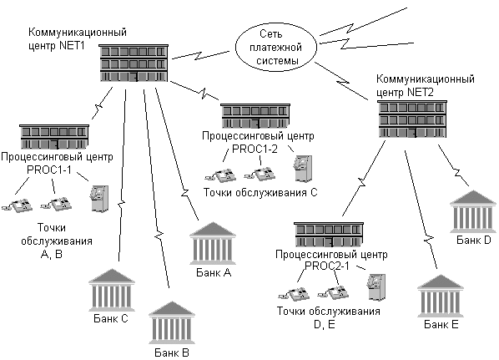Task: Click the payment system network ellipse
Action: pos(276,47)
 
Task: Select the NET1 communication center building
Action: pos(134,63)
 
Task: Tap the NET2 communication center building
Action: pos(412,119)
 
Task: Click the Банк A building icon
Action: pos(213,243)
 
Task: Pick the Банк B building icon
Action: pos(172,322)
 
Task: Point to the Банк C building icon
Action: pos(112,290)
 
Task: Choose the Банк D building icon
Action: pos(473,211)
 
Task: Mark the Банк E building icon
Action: pos(441,296)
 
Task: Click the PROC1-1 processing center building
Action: pos(54,137)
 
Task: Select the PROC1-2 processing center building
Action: pos(255,116)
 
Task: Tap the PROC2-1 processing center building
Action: pos(329,235)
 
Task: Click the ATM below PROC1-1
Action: pos(99,199)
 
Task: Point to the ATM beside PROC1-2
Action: pos(303,169)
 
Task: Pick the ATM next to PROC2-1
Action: pos(376,287)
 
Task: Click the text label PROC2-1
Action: pos(327,266)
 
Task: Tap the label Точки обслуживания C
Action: pos(260,193)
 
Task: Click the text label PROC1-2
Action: pos(255,149)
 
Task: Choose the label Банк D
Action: pos(474,240)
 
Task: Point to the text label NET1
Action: pos(73,46)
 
